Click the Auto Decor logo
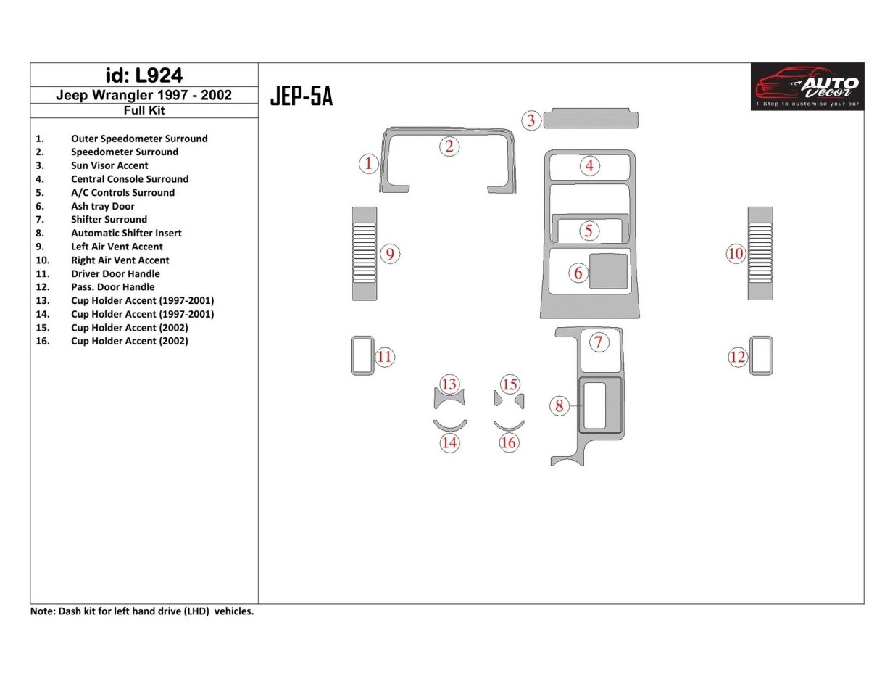[x=807, y=86]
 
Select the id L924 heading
[x=144, y=75]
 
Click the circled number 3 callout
[x=531, y=120]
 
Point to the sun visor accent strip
[x=591, y=118]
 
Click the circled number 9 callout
[x=390, y=254]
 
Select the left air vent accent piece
[x=364, y=253]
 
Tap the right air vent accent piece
[x=760, y=253]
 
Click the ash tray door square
[x=608, y=271]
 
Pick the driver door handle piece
[x=362, y=355]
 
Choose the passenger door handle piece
[x=761, y=355]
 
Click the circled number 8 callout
[x=559, y=406]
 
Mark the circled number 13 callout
[x=449, y=384]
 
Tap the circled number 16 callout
[x=509, y=442]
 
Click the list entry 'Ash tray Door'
[x=102, y=206]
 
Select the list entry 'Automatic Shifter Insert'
[x=126, y=233]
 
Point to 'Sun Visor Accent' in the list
[x=109, y=165]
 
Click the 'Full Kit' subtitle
[x=144, y=110]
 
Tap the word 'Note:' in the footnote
[x=42, y=611]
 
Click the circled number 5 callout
[x=589, y=231]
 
